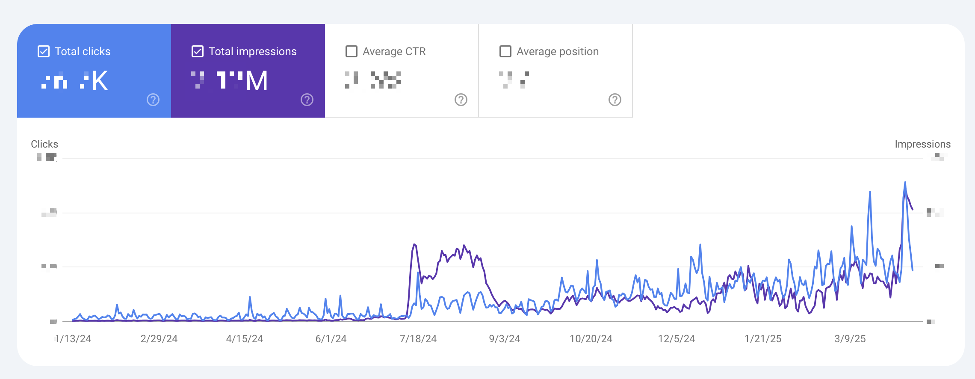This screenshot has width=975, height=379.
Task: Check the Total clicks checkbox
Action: (x=44, y=52)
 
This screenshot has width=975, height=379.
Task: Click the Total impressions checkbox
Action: (x=198, y=52)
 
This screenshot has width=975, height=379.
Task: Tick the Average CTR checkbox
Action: (x=352, y=52)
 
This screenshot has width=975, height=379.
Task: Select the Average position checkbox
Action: (x=505, y=52)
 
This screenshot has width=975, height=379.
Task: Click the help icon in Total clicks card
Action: (x=153, y=100)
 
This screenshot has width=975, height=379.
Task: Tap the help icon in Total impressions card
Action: (x=307, y=100)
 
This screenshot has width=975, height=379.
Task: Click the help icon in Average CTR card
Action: (x=461, y=100)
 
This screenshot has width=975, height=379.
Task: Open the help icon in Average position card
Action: (x=615, y=100)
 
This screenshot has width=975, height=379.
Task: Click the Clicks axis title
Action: (x=44, y=144)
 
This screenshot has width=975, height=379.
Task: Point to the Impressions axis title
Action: (x=922, y=144)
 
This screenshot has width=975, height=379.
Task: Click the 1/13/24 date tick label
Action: (x=74, y=339)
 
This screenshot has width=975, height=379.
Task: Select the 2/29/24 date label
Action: (x=159, y=339)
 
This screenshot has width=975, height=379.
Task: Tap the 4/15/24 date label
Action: (x=245, y=339)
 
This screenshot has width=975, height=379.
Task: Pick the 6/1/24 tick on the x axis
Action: (x=331, y=339)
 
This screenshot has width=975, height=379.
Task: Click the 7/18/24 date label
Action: (x=418, y=339)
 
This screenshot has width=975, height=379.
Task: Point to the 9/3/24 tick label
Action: (x=505, y=339)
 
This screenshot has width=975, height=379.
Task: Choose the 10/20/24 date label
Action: (x=591, y=339)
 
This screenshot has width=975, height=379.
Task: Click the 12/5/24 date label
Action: (x=677, y=339)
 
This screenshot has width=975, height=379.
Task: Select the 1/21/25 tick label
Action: (x=763, y=339)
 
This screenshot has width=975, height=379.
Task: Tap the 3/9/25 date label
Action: (x=850, y=339)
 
